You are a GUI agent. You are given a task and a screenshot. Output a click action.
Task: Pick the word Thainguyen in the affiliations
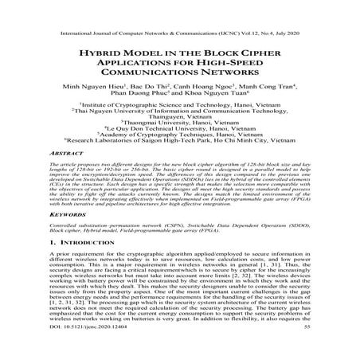coord(180,136)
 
